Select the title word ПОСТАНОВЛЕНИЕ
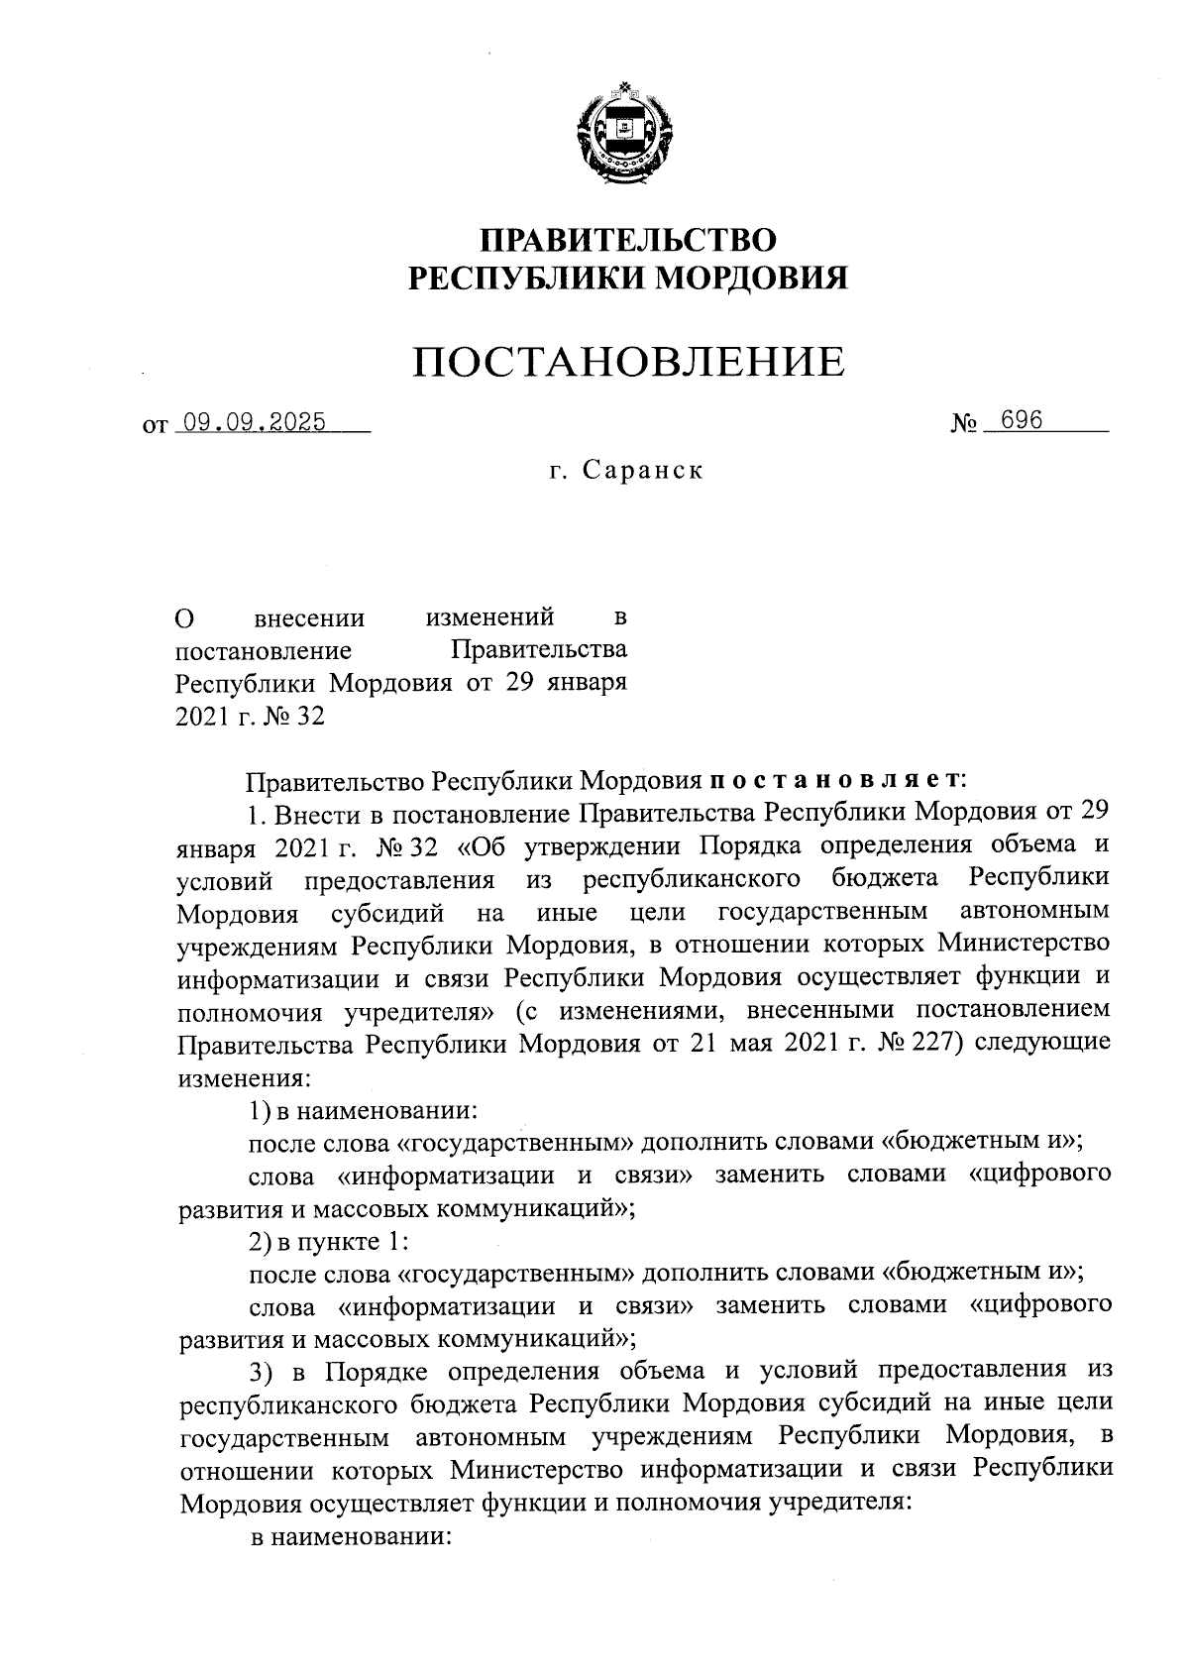(628, 362)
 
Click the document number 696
(1021, 420)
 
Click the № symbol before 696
(965, 424)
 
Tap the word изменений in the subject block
(488, 618)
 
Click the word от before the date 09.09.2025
(155, 426)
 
